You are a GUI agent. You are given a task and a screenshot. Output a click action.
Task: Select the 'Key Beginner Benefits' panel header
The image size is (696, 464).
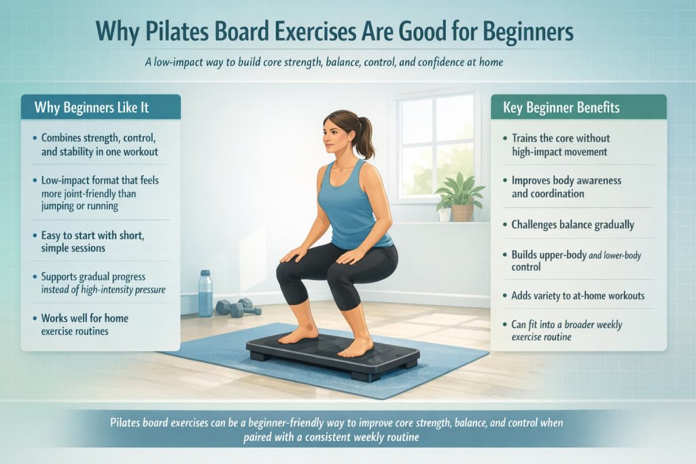pos(561,107)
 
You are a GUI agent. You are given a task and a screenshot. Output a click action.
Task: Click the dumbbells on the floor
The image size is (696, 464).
pos(238,307)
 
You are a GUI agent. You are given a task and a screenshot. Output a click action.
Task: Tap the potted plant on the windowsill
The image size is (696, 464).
pos(460,195)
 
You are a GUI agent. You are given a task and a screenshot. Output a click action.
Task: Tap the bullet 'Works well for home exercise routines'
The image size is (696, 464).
pos(84,324)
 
